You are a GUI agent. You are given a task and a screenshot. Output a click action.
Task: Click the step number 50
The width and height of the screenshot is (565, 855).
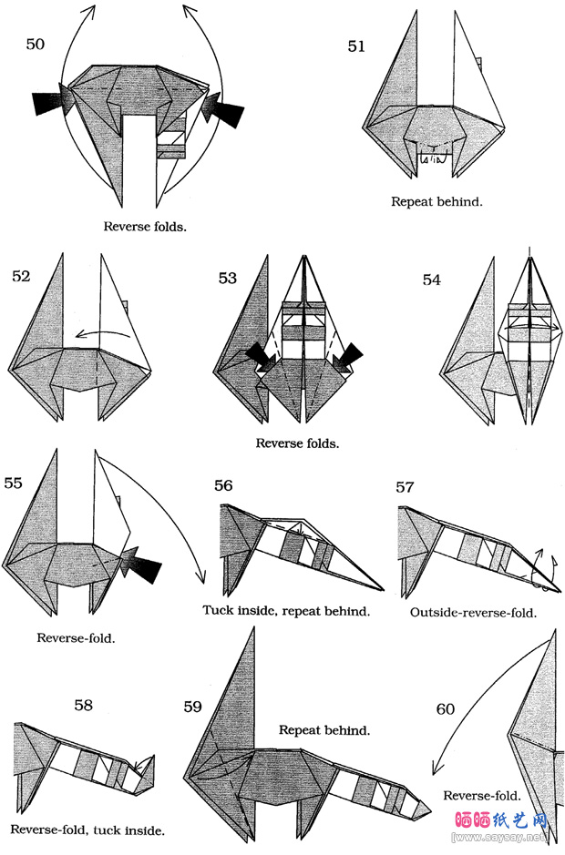pyautogui.click(x=36, y=44)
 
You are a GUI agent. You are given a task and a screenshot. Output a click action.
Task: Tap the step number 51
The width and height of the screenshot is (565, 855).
pyautogui.click(x=356, y=46)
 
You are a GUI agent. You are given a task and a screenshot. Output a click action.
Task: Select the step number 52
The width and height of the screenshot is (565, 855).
pyautogui.click(x=22, y=277)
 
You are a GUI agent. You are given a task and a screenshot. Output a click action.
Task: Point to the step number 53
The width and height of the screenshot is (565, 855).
pyautogui.click(x=228, y=278)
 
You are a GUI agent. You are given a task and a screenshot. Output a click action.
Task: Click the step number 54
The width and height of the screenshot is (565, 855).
pyautogui.click(x=432, y=280)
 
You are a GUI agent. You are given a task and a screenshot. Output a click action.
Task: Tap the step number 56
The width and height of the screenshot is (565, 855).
pyautogui.click(x=223, y=485)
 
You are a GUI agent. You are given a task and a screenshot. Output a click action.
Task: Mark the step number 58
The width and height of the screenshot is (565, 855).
pyautogui.click(x=84, y=704)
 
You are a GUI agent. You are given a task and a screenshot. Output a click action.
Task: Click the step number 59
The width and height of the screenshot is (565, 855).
pyautogui.click(x=192, y=707)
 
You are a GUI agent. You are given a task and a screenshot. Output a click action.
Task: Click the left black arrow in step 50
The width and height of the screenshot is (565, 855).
pyautogui.click(x=49, y=104)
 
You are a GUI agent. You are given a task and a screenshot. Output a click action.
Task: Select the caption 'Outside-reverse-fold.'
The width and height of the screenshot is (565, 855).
pyautogui.click(x=473, y=613)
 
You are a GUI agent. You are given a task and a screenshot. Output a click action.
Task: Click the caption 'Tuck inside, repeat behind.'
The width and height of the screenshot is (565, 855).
pyautogui.click(x=286, y=611)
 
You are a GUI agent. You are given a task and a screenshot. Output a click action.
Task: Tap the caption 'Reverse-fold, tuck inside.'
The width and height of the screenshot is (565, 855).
pyautogui.click(x=88, y=830)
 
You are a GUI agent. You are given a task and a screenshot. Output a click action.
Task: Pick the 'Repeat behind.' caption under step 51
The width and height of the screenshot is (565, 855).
pyautogui.click(x=437, y=201)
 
